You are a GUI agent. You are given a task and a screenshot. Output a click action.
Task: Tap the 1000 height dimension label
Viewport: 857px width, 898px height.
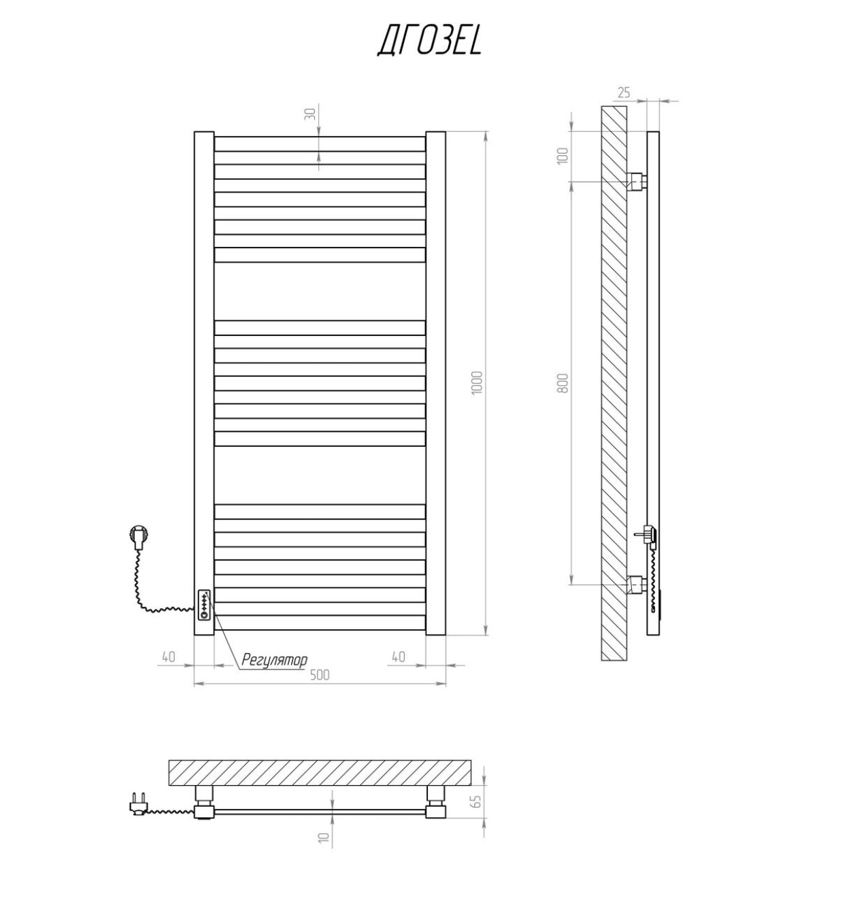coord(477,383)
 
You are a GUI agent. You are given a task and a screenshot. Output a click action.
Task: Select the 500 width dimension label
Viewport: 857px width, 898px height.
coord(320,675)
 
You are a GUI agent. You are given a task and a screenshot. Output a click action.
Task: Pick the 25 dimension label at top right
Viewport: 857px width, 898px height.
coord(624,93)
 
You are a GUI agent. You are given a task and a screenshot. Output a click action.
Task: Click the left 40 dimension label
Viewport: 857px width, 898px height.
coord(169,656)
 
